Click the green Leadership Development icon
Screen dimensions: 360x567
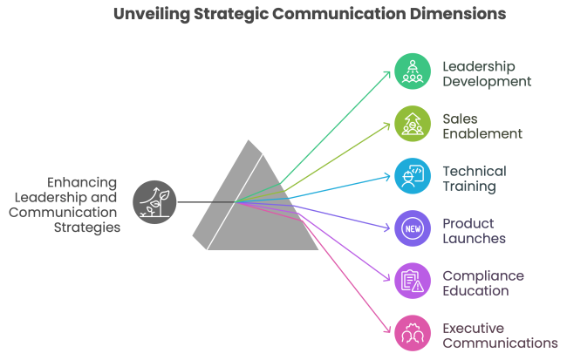click(x=413, y=72)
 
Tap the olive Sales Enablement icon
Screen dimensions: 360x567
click(x=413, y=125)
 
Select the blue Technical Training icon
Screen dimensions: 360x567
click(x=413, y=176)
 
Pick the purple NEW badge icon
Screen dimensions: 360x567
click(x=413, y=228)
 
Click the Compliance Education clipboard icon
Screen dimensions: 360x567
click(x=413, y=281)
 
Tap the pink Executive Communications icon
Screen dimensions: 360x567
click(x=413, y=333)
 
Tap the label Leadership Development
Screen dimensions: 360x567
click(x=485, y=73)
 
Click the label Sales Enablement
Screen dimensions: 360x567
click(x=482, y=126)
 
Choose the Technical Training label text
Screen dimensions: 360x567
click(x=474, y=178)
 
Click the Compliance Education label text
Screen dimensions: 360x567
click(x=482, y=282)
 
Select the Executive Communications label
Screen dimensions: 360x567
click(x=498, y=335)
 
